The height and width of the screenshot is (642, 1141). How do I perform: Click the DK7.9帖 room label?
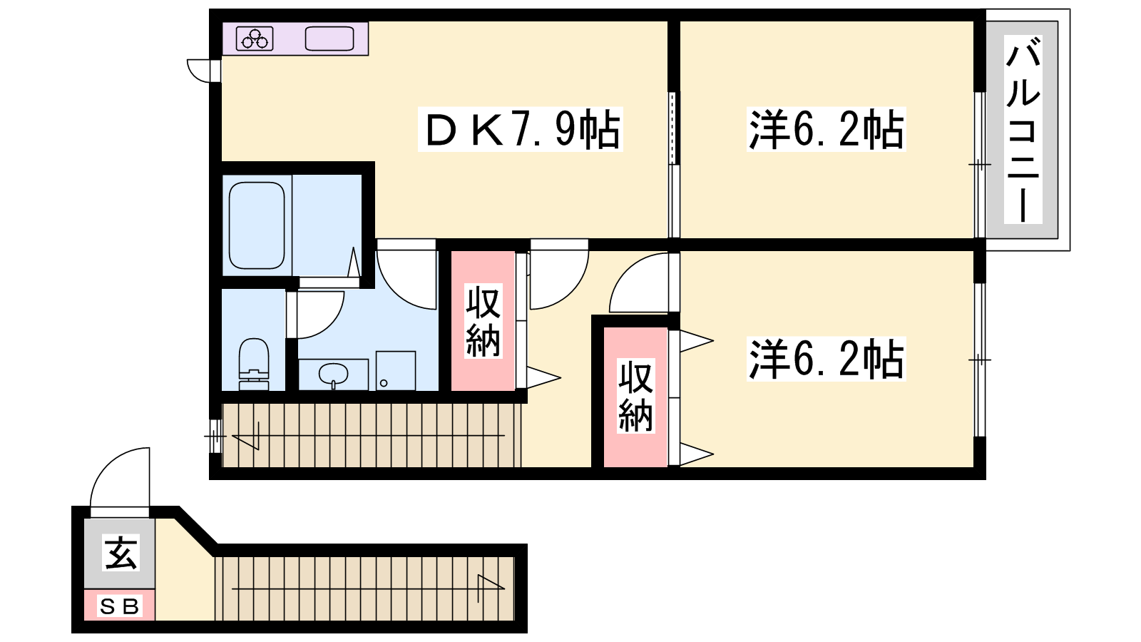[521, 129]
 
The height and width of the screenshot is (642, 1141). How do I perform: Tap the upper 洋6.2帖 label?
[827, 129]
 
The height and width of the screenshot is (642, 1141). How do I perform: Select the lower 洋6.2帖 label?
[827, 359]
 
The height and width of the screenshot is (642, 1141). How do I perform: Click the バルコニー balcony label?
[1023, 129]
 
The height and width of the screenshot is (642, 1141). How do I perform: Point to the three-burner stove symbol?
[255, 39]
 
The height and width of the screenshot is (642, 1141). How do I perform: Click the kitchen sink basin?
[329, 39]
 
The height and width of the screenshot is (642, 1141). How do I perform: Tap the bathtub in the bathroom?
[257, 225]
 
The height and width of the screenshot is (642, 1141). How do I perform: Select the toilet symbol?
[254, 364]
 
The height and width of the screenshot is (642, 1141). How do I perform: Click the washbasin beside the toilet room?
[333, 375]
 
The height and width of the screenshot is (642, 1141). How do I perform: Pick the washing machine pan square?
[396, 370]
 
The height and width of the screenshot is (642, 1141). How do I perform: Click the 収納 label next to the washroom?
[483, 320]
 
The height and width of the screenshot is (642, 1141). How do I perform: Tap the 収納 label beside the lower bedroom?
[635, 396]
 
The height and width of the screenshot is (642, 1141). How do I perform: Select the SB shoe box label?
[119, 606]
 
